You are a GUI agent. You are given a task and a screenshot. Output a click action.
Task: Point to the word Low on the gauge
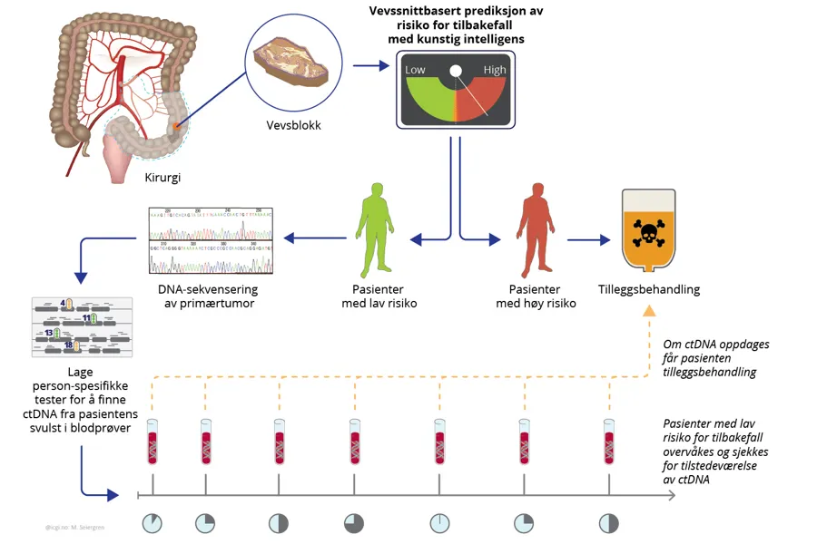pyautogui.click(x=415, y=70)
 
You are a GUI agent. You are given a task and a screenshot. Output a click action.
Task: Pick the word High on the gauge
pyautogui.click(x=495, y=70)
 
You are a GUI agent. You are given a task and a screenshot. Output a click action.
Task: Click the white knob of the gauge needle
pyautogui.click(x=456, y=71)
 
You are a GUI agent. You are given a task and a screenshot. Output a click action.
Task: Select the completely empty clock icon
pyautogui.click(x=439, y=523)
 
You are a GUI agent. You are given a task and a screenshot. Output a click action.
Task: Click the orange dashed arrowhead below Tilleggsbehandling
pyautogui.click(x=649, y=311)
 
